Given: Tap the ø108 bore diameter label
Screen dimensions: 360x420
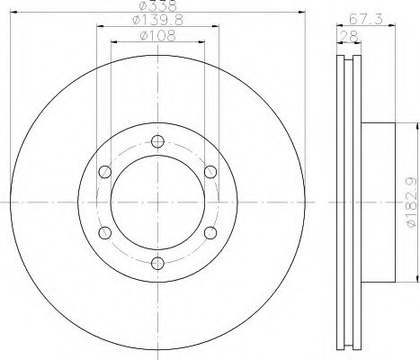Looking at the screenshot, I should pos(157,39).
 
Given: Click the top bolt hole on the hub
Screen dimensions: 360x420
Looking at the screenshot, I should pos(157,141).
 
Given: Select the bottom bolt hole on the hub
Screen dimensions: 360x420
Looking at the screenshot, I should pos(157,263).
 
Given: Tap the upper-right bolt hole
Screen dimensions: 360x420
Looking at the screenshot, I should pos(210,172).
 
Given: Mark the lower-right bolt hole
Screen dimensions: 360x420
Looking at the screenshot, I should pos(210,232).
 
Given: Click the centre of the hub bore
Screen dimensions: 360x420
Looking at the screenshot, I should pos(157,202).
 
